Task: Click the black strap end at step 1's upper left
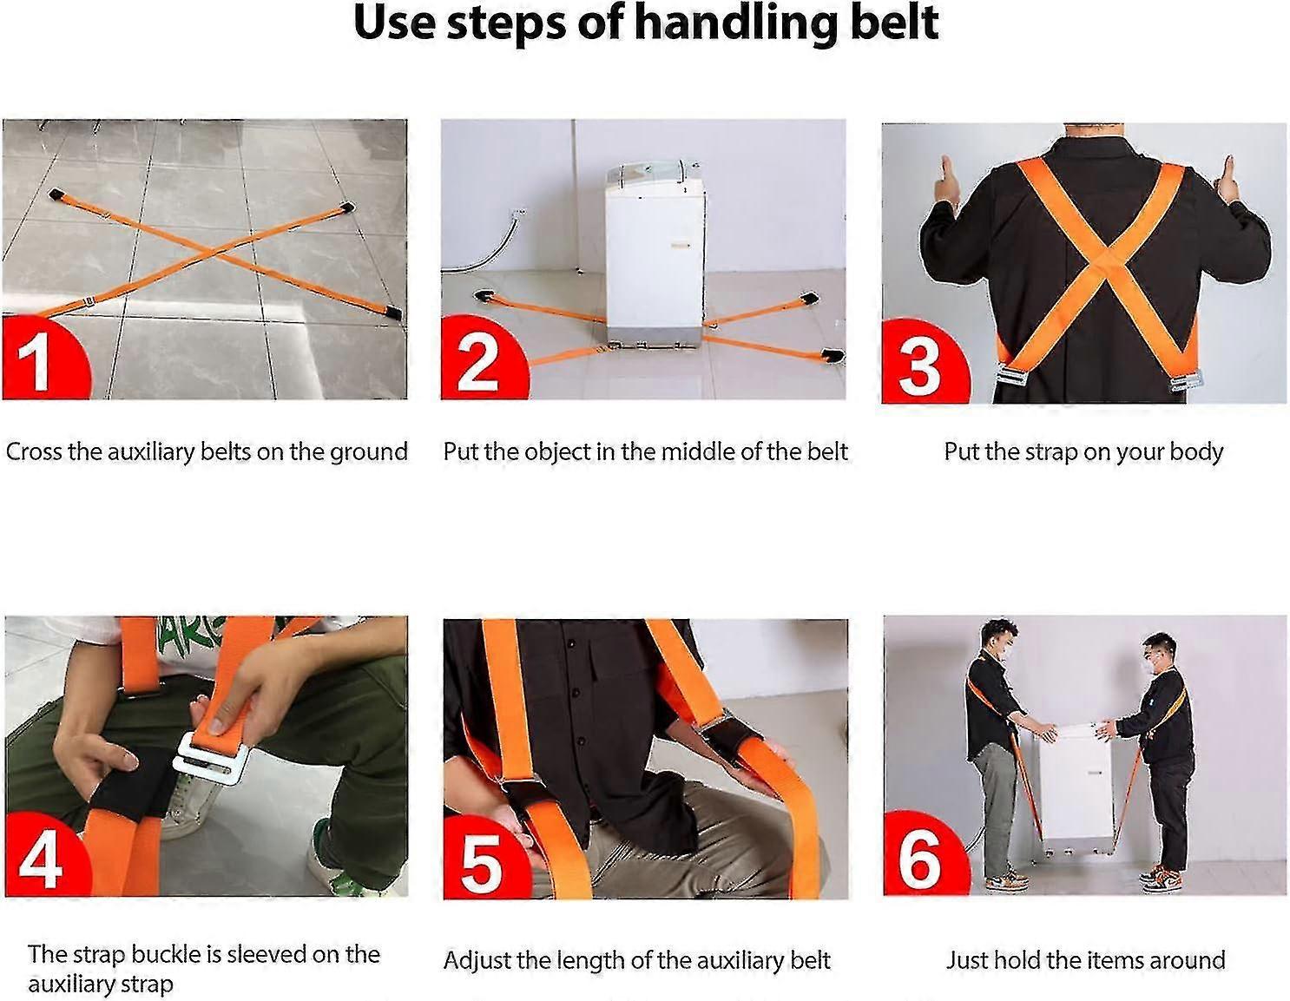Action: tap(57, 195)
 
